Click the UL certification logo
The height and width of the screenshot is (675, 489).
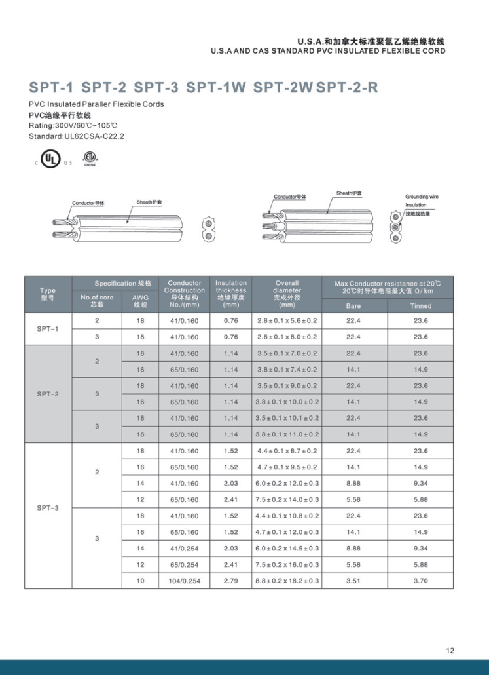tap(48, 159)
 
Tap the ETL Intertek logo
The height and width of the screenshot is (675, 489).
tap(89, 159)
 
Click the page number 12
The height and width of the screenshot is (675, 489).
tap(450, 651)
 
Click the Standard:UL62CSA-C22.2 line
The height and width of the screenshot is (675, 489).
tap(77, 137)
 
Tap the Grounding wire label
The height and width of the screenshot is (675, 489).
tap(422, 197)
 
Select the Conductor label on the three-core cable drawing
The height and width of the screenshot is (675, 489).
tap(289, 197)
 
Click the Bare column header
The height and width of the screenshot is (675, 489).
tap(353, 305)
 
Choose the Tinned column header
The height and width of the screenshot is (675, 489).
tap(420, 305)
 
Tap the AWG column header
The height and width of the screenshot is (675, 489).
tap(140, 301)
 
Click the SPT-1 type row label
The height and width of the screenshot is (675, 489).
tap(48, 329)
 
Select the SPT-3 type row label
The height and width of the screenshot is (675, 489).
tap(48, 507)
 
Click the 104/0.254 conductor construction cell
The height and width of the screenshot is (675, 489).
tap(184, 581)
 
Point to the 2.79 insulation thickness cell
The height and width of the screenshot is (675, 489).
tap(230, 581)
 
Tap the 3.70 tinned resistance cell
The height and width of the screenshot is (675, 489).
tap(420, 581)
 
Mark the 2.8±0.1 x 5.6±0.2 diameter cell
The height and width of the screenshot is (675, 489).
tap(287, 321)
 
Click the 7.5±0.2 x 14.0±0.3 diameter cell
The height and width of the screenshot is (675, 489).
tap(287, 499)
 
